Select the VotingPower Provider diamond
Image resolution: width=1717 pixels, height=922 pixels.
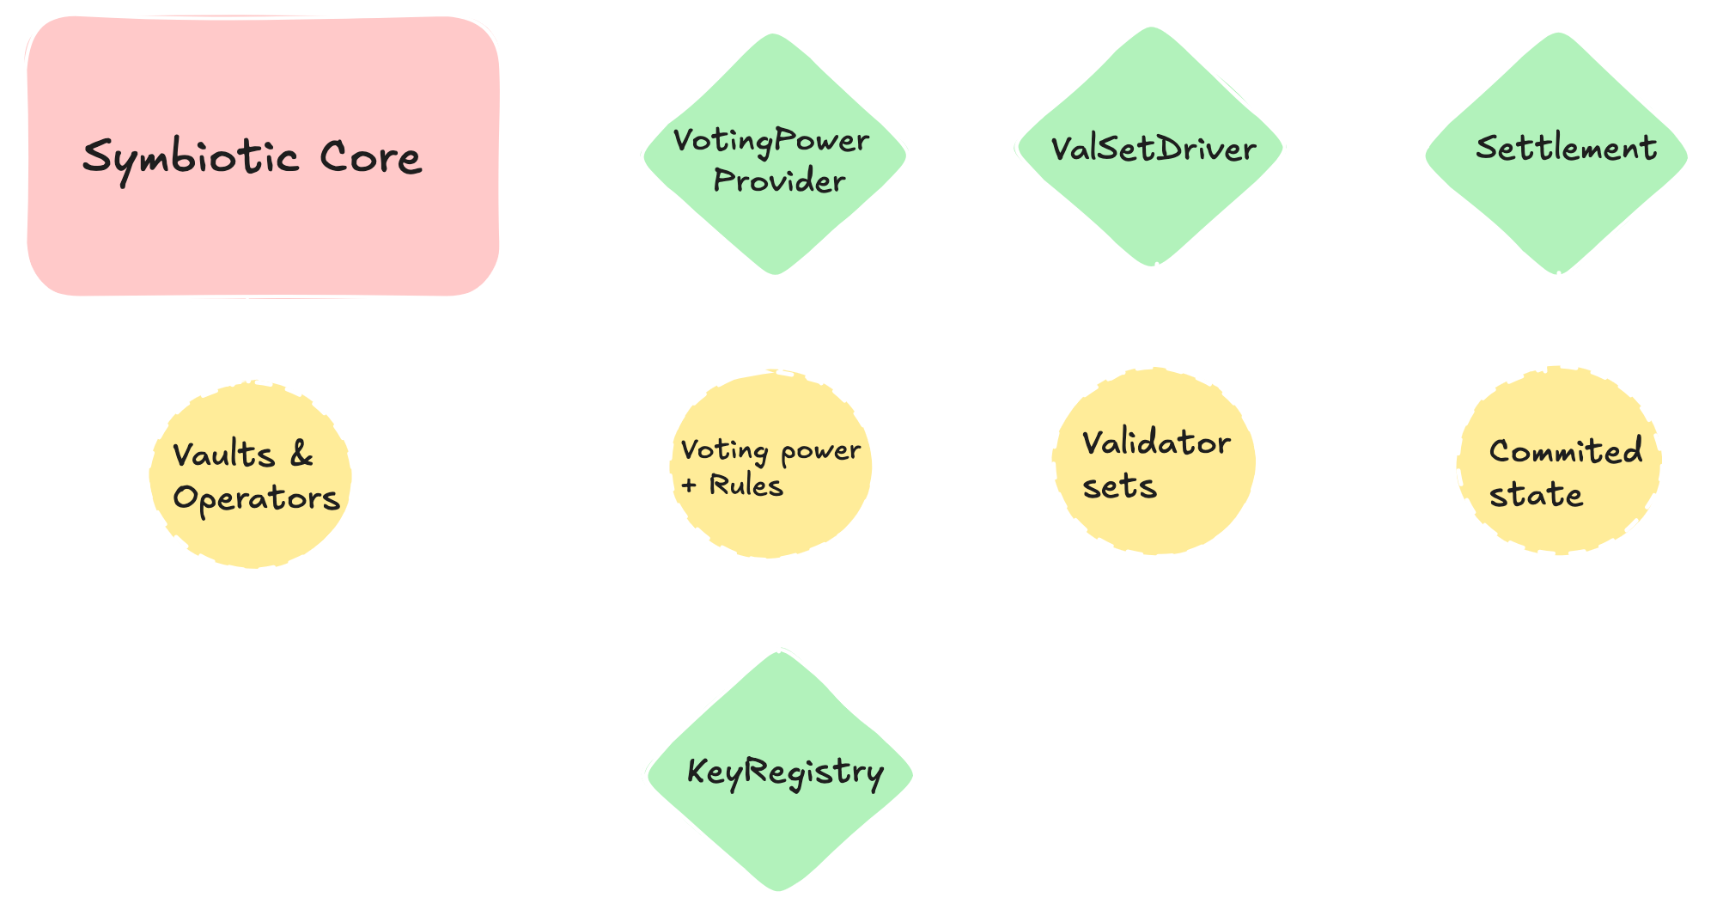coord(774,215)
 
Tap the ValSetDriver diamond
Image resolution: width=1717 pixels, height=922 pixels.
coord(1151,206)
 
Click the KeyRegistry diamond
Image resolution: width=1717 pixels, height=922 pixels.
coord(779,825)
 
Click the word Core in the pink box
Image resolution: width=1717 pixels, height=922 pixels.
coord(370,157)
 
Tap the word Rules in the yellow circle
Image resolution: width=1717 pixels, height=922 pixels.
coord(746,485)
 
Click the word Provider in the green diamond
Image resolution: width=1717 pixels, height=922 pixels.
coord(779,180)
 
